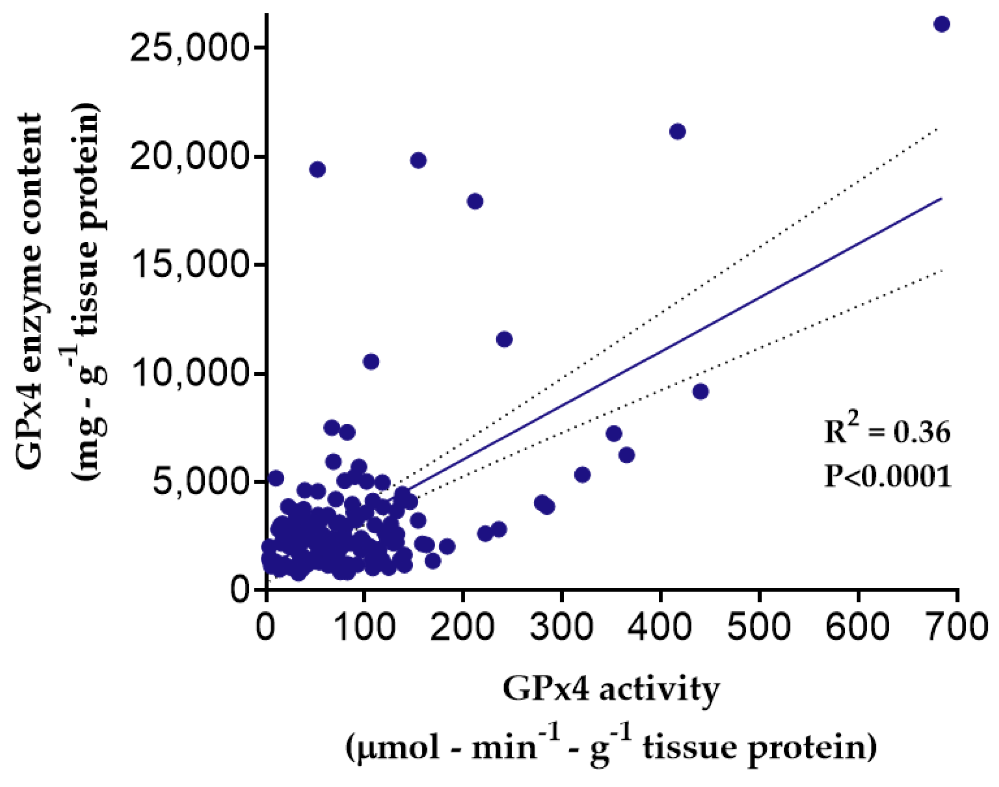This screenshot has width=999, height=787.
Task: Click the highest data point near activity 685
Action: [x=942, y=24]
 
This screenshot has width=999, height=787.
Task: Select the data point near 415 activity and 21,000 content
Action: [x=677, y=132]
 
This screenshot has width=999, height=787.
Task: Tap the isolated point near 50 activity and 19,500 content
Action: [x=318, y=170]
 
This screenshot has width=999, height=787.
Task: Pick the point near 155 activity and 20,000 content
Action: [x=418, y=160]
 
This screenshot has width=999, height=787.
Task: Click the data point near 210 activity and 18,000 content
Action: [x=475, y=201]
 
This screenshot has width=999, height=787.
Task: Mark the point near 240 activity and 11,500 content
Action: [x=505, y=340]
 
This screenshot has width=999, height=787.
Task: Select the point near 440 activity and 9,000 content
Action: [x=701, y=392]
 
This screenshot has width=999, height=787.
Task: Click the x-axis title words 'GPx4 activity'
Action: [x=612, y=690]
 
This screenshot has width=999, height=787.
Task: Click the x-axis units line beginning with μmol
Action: [x=612, y=748]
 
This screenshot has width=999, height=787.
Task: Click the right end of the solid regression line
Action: [x=940, y=199]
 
